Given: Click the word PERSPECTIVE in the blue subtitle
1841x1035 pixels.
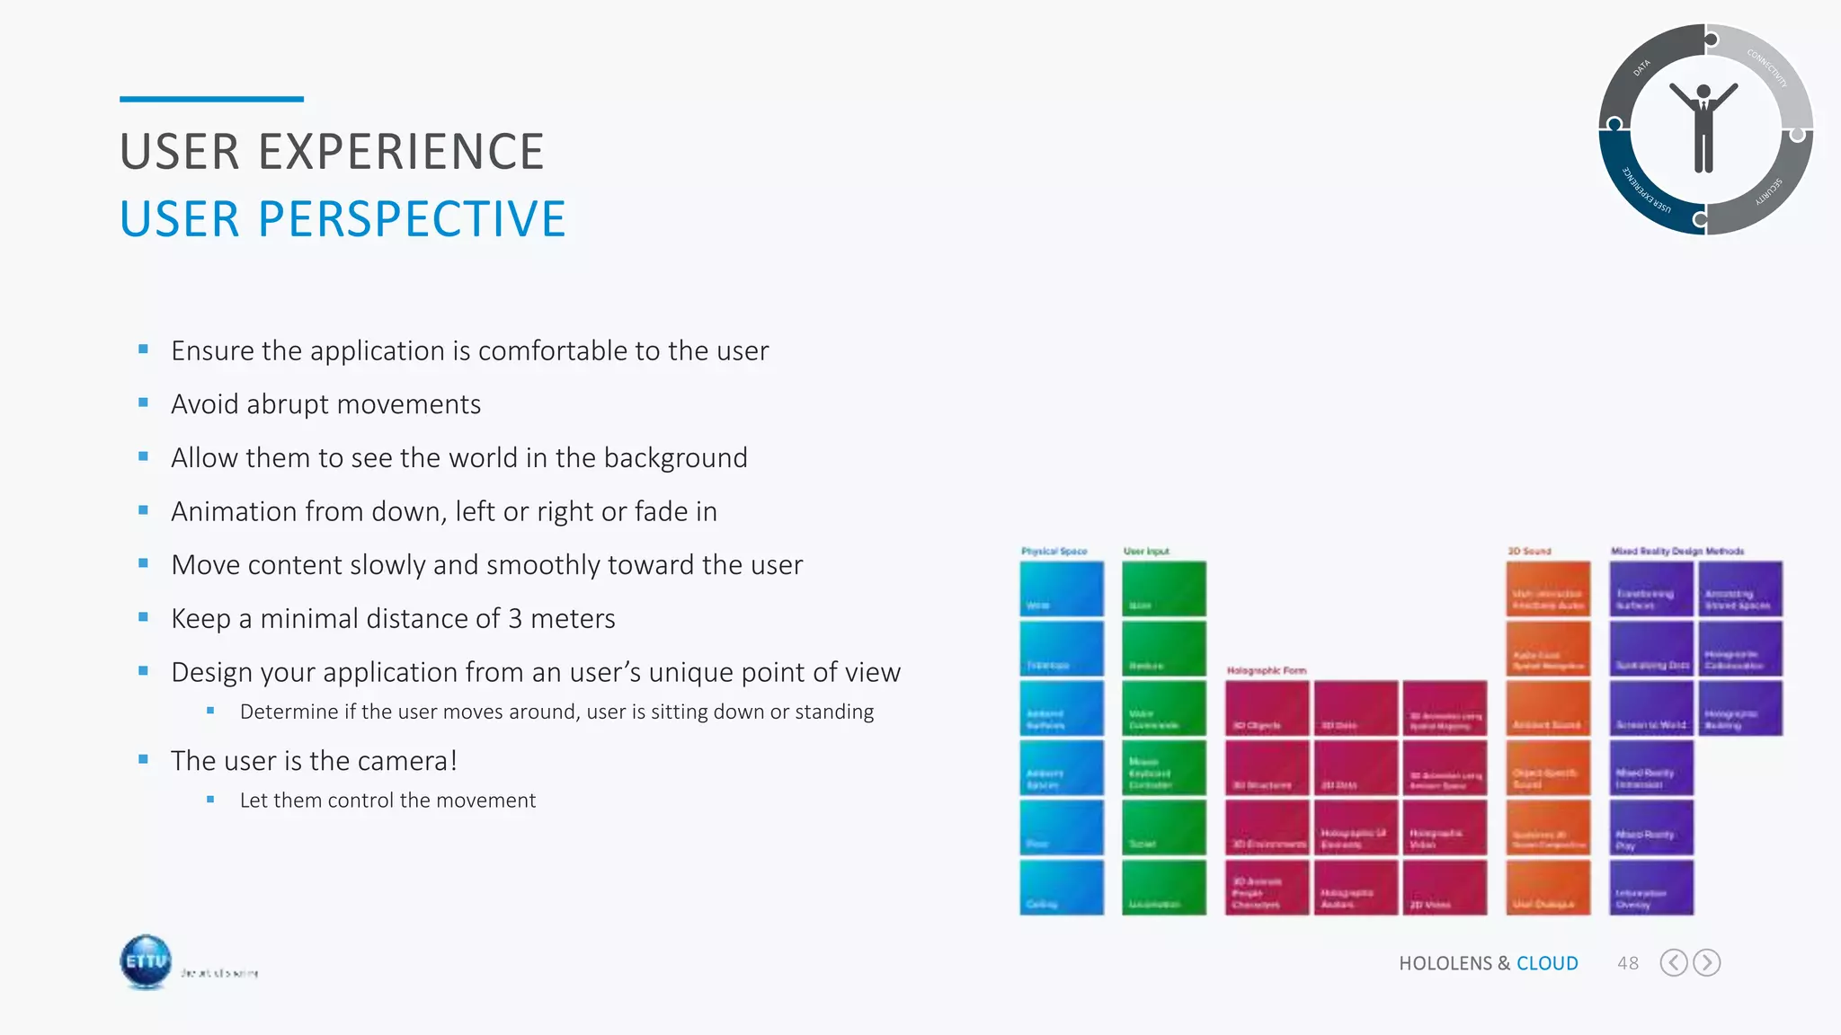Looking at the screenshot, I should (x=412, y=220).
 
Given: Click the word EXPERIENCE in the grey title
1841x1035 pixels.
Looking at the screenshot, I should (x=401, y=152).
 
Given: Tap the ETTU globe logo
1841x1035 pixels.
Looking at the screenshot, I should (x=146, y=961).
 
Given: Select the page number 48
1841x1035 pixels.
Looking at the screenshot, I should (x=1627, y=963).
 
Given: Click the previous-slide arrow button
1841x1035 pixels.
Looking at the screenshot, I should (x=1673, y=963).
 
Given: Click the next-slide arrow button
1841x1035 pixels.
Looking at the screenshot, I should (x=1706, y=963).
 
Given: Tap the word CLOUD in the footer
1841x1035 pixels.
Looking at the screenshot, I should (x=1547, y=963).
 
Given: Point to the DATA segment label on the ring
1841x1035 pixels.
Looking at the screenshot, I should (x=1641, y=68).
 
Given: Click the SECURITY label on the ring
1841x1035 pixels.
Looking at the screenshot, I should (x=1768, y=192).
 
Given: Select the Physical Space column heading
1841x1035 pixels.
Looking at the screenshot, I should (x=1054, y=551).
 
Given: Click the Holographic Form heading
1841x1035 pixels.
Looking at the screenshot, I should (x=1266, y=670).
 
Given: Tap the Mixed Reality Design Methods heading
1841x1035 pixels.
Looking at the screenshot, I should (x=1676, y=551).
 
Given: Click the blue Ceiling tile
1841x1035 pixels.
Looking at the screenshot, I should (x=1061, y=888).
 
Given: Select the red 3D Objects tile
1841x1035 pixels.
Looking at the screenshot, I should (x=1266, y=709).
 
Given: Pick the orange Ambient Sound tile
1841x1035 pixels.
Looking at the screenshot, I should (x=1547, y=709).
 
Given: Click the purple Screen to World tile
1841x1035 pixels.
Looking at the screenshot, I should (x=1650, y=709).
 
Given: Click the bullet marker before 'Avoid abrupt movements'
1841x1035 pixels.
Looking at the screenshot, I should (x=143, y=403).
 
